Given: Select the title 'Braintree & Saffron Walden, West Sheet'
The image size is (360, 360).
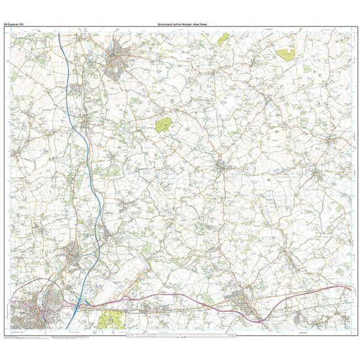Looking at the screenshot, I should (x=182, y=25).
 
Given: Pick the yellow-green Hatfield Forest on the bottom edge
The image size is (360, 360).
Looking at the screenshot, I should (x=111, y=319).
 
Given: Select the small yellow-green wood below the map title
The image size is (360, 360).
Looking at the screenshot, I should (x=224, y=39).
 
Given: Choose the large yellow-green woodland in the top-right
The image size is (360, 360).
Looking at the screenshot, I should (x=286, y=54).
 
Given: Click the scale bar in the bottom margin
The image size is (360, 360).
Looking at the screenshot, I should (x=180, y=336).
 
